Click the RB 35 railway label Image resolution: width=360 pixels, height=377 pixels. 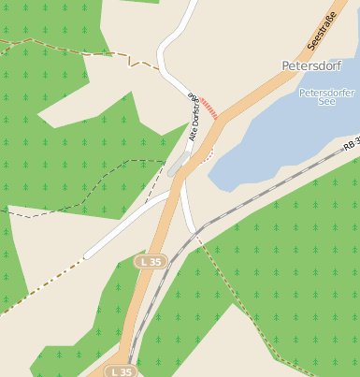(351, 145)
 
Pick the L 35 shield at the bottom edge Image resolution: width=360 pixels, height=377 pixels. (121, 371)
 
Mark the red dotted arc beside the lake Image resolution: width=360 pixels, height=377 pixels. (207, 152)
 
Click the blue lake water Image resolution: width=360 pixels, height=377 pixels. (281, 140)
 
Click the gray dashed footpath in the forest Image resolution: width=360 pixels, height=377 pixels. (94, 187)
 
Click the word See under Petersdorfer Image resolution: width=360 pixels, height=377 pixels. (325, 103)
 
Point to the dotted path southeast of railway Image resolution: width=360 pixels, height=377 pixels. (243, 309)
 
